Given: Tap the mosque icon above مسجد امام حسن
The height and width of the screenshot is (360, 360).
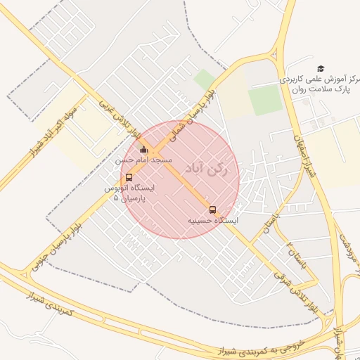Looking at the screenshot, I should (x=144, y=150).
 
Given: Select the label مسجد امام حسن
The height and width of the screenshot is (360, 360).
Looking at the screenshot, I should (x=144, y=160).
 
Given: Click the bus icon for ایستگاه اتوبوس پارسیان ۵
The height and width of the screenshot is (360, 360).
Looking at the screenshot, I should (x=128, y=178).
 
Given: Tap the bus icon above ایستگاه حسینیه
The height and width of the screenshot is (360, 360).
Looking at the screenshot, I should (x=212, y=210).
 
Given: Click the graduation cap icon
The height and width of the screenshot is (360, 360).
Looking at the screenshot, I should (x=321, y=68).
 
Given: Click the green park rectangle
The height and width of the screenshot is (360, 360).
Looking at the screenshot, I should (x=265, y=101).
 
